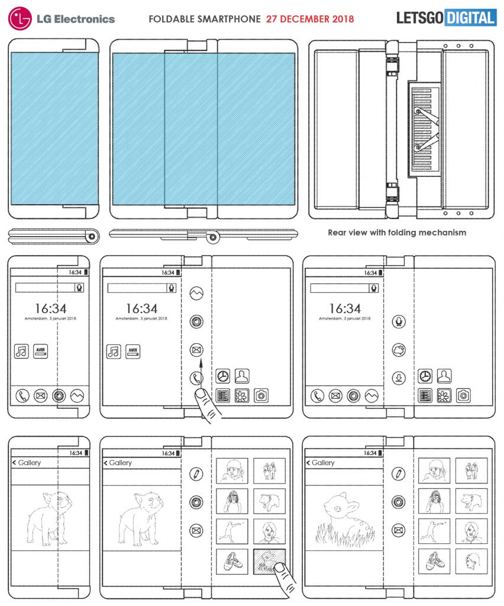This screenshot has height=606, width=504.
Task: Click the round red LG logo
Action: click(x=19, y=18)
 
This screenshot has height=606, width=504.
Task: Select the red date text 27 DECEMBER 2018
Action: click(x=310, y=19)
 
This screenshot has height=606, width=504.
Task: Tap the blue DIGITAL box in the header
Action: click(x=470, y=18)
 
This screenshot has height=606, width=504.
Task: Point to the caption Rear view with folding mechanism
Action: click(x=397, y=233)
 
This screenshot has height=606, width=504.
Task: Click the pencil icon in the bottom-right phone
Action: click(x=399, y=473)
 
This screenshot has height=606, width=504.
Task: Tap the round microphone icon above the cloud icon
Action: click(x=399, y=322)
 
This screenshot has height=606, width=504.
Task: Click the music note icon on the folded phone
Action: click(x=22, y=352)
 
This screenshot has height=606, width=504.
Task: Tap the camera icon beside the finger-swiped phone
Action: click(x=261, y=396)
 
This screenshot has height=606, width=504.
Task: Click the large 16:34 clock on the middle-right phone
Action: click(x=344, y=308)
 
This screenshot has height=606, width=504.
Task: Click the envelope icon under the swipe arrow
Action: click(x=196, y=350)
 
